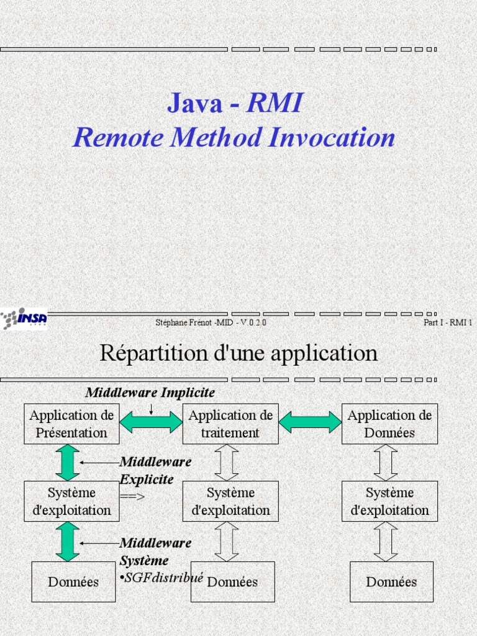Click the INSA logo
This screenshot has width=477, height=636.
click(x=24, y=318)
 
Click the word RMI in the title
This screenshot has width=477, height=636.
click(x=274, y=103)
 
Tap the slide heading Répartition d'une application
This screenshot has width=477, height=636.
click(x=238, y=353)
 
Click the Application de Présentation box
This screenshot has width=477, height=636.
click(x=71, y=424)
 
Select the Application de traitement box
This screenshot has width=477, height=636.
click(x=230, y=424)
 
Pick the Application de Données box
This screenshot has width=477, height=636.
click(x=389, y=424)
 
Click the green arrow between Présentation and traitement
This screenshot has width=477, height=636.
click(x=151, y=422)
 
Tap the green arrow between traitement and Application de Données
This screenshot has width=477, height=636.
click(x=310, y=422)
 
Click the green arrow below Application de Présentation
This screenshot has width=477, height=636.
click(x=68, y=462)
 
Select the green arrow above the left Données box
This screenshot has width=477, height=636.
click(x=68, y=541)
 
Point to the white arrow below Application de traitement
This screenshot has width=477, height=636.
click(x=227, y=462)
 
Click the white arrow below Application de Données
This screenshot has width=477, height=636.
click(x=386, y=462)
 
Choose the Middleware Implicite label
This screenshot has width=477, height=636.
click(x=150, y=393)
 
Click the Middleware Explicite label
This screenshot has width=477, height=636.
click(x=155, y=470)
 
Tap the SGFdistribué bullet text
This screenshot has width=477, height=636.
click(x=163, y=578)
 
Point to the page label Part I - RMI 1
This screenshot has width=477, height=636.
click(x=447, y=322)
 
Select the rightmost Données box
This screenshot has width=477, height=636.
click(x=391, y=582)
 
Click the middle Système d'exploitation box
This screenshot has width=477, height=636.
click(x=230, y=501)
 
